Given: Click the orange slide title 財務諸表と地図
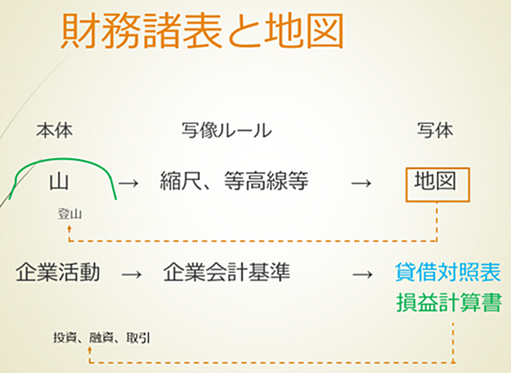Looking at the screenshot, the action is (x=202, y=31).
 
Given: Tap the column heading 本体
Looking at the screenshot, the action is (x=54, y=130).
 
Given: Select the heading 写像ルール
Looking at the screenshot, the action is (x=227, y=130).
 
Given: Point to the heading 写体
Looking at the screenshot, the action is (x=435, y=130).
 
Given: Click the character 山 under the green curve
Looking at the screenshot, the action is (x=59, y=182).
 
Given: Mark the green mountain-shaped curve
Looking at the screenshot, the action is (x=62, y=159).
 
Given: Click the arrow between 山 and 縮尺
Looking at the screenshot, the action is (x=129, y=183).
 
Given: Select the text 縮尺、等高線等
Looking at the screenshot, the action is (x=234, y=181).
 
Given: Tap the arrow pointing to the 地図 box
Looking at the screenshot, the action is (x=361, y=183).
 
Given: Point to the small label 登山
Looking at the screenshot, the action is (x=70, y=214).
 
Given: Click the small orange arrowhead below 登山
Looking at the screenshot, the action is (x=69, y=227).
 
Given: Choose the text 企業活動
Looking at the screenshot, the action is (x=58, y=273).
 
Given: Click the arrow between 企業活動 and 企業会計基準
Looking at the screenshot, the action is (x=132, y=274).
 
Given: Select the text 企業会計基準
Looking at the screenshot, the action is (x=227, y=273).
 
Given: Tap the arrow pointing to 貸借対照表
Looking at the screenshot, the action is (x=363, y=274).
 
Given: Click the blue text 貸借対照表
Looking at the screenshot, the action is (x=448, y=273).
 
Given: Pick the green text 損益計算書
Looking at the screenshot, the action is (x=449, y=302).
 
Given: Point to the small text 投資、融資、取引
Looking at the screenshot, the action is (x=102, y=338).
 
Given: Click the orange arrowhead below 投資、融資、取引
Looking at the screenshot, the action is (x=90, y=349).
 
